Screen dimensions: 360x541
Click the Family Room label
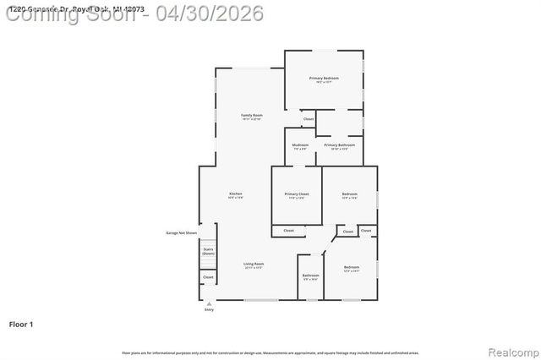click(252, 116)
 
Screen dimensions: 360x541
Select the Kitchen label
click(236, 194)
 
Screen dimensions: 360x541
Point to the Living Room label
click(254, 265)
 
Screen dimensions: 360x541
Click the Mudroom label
click(300, 145)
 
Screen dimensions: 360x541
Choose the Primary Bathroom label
click(340, 145)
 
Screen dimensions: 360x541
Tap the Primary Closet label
click(297, 194)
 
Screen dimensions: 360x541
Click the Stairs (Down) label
click(208, 251)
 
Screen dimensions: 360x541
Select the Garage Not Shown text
click(181, 233)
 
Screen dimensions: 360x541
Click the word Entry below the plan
click(209, 310)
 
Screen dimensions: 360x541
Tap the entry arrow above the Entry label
click(209, 303)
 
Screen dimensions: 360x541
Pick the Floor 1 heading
click(20, 324)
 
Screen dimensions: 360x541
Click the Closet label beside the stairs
click(208, 276)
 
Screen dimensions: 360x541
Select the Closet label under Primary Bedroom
click(309, 119)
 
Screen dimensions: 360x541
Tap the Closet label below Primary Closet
click(288, 230)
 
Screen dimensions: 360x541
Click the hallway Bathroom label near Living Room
click(310, 275)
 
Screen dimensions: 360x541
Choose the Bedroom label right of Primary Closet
click(349, 194)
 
